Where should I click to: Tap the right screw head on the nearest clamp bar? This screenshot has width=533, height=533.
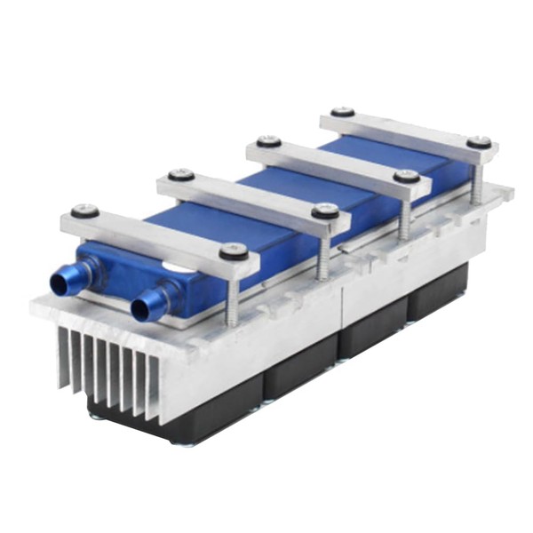click(233, 251)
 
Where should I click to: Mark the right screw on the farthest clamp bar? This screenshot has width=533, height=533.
click(479, 141)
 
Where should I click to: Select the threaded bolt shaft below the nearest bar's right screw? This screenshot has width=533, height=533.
click(234, 293)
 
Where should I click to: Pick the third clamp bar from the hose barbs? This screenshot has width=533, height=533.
click(338, 160)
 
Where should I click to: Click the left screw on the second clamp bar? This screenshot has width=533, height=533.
click(181, 174)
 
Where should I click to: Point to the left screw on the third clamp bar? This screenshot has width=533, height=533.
click(267, 140)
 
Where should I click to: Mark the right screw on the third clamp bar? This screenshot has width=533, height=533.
click(406, 176)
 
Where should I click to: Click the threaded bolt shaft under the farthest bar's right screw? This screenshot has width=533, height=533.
click(478, 182)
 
